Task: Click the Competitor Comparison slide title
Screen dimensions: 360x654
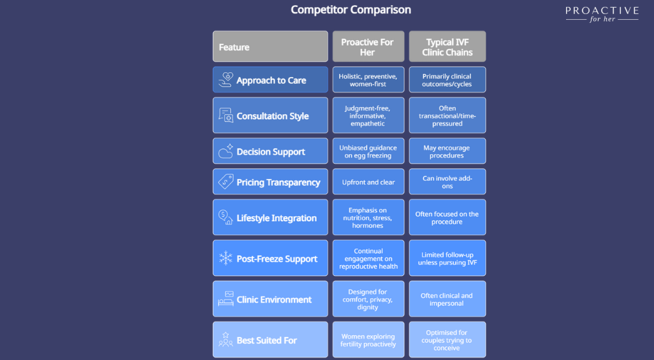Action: [351, 10]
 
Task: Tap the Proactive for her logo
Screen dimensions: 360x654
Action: [602, 14]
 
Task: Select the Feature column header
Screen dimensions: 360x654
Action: [270, 47]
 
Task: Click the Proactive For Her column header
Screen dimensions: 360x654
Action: [368, 47]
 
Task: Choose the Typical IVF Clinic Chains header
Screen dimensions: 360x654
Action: [447, 47]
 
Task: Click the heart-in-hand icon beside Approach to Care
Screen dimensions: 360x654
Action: [226, 80]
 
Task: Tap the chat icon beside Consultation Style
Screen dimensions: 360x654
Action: [226, 115]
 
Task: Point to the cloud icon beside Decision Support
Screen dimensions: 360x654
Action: [226, 151]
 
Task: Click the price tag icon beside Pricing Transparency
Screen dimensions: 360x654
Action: [226, 182]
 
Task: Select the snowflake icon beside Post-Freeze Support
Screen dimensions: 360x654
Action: [226, 258]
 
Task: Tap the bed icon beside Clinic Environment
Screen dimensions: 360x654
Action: [226, 299]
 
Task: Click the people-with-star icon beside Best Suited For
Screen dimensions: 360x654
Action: [226, 340]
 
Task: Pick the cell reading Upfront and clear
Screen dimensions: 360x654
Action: [368, 182]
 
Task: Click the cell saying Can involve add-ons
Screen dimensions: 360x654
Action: [447, 182]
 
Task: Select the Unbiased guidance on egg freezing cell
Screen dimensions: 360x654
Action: [368, 151]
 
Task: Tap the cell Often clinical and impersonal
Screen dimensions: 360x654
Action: [447, 299]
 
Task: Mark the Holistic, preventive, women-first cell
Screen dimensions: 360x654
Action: [368, 80]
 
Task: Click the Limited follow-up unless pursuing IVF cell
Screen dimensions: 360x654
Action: [447, 258]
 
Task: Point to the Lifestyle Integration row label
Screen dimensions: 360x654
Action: [277, 218]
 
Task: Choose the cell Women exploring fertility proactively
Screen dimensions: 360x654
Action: [368, 340]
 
